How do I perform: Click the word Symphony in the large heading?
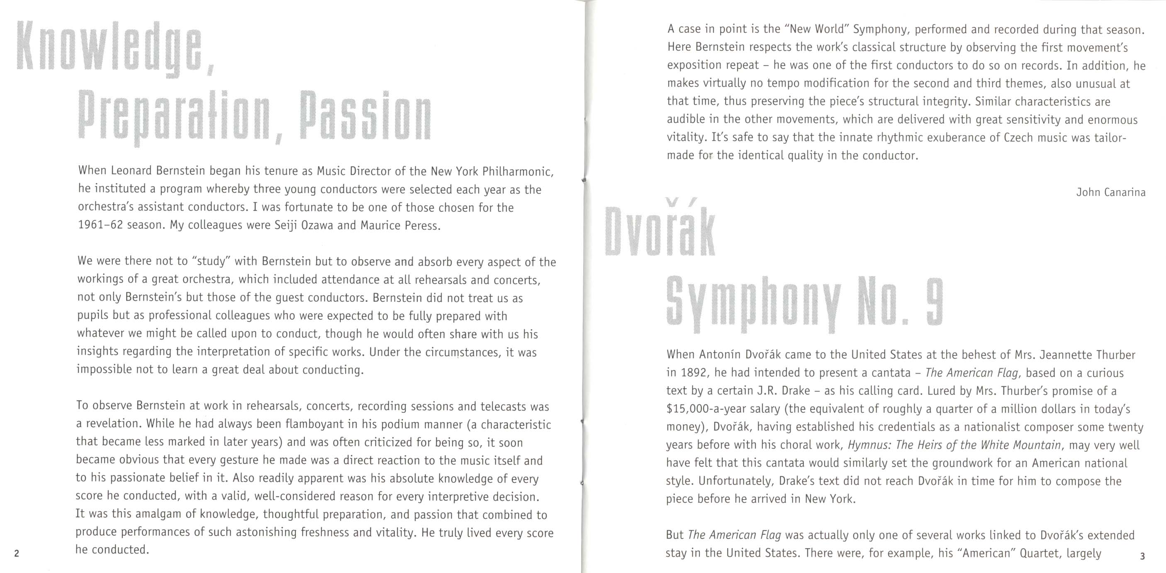(753, 304)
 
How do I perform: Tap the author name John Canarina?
(1111, 193)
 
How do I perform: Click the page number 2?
(17, 553)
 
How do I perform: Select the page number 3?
(1142, 556)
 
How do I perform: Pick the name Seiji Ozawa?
(304, 225)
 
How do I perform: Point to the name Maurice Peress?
(400, 225)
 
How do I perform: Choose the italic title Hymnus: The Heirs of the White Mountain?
(954, 445)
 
